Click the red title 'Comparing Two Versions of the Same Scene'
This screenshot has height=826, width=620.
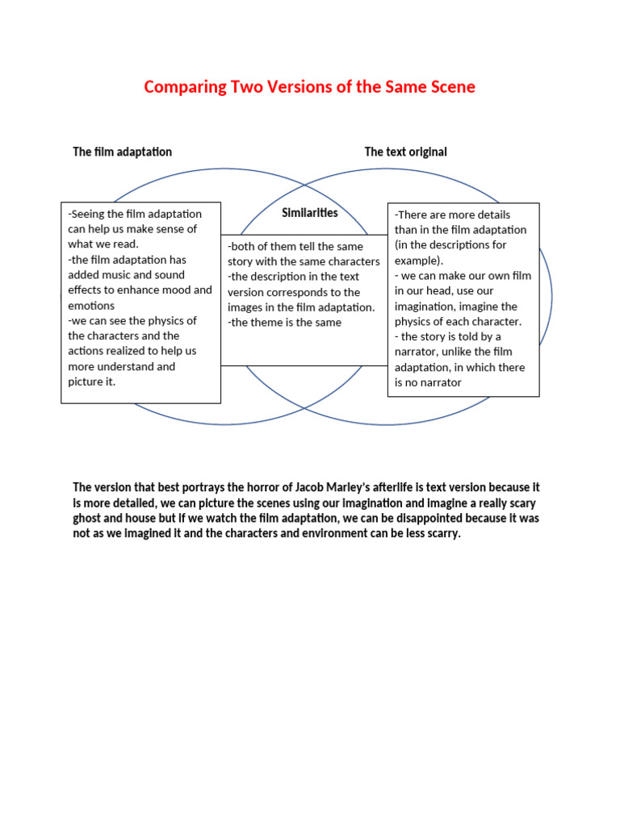pyautogui.click(x=309, y=87)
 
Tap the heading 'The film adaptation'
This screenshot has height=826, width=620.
pyautogui.click(x=122, y=152)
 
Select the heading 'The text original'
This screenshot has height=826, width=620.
pyautogui.click(x=405, y=152)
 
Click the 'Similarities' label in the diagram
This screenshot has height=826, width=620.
pyautogui.click(x=310, y=213)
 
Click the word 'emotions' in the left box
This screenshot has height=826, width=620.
pyautogui.click(x=91, y=306)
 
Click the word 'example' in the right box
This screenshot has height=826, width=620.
pyautogui.click(x=417, y=261)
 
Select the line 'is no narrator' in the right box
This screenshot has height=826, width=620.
pyautogui.click(x=428, y=382)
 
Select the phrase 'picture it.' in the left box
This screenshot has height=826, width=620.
pyautogui.click(x=92, y=382)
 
